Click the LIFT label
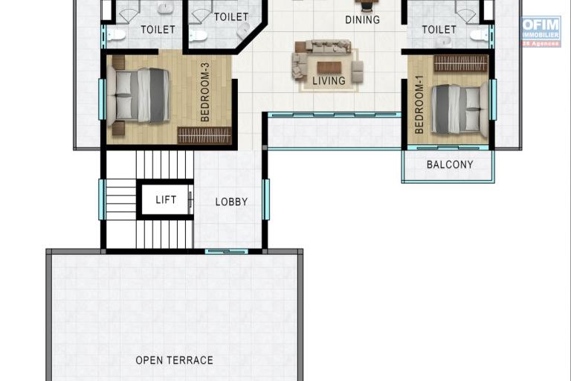[166, 200]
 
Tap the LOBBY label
[231, 202]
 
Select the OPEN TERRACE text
[174, 360]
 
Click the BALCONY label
[449, 164]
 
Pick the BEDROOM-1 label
[419, 109]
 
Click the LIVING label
[328, 80]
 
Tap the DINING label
[362, 20]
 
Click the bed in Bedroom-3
[139, 95]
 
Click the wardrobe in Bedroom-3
[204, 135]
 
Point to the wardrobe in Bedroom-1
[460, 63]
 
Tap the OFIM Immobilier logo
[541, 31]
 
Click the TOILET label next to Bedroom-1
[439, 30]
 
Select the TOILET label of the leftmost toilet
[158, 30]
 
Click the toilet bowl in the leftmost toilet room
[115, 34]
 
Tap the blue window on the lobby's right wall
[266, 199]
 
